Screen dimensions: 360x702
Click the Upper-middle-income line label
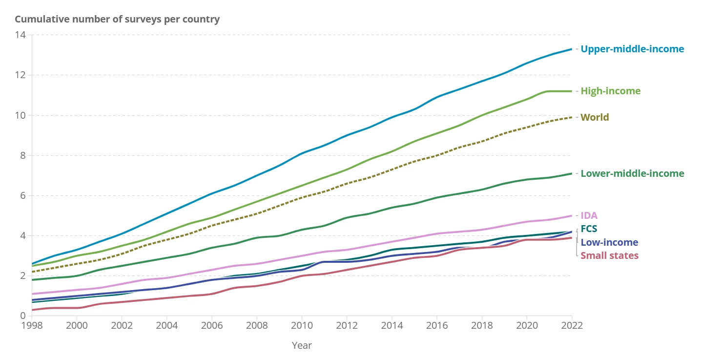[632, 49]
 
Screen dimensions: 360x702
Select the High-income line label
[610, 91]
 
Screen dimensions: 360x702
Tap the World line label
[595, 117]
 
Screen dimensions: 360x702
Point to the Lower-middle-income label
[632, 173]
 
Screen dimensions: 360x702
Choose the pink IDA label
[589, 215]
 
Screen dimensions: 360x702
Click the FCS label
[589, 229]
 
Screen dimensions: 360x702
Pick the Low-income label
[609, 242]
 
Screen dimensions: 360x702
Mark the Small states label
[609, 255]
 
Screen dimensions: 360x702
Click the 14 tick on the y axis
[20, 35]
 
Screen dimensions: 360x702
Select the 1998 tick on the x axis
[32, 326]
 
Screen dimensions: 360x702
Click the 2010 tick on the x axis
[302, 326]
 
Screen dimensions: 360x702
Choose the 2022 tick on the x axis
[572, 326]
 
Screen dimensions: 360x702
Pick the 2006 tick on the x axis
[212, 326]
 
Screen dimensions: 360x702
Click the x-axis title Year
[302, 345]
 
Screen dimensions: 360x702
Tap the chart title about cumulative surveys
[117, 20]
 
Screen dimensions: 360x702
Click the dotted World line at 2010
[302, 197]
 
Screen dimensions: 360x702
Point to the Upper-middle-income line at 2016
[437, 97]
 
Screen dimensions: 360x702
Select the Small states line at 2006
[212, 294]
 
